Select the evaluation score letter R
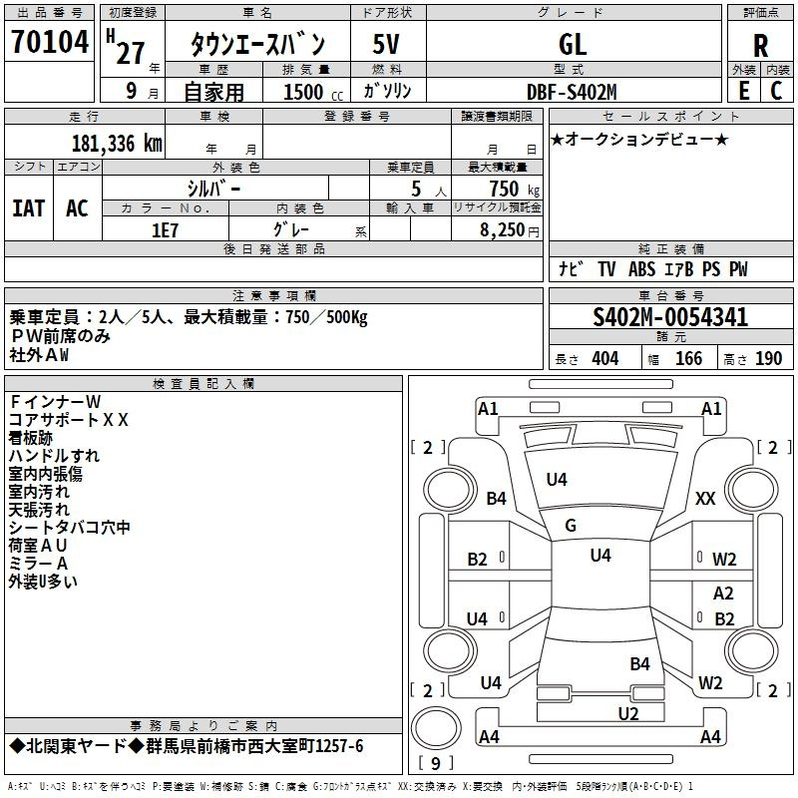click(760, 46)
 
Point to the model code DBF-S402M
click(572, 91)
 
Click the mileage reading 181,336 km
click(117, 143)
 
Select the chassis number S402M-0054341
click(670, 318)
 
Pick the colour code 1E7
click(165, 228)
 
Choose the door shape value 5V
click(387, 45)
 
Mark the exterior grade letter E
click(743, 91)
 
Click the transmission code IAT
click(28, 207)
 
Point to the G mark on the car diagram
click(571, 526)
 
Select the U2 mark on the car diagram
click(627, 712)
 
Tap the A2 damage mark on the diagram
click(724, 593)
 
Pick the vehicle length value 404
click(604, 358)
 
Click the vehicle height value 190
click(769, 358)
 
